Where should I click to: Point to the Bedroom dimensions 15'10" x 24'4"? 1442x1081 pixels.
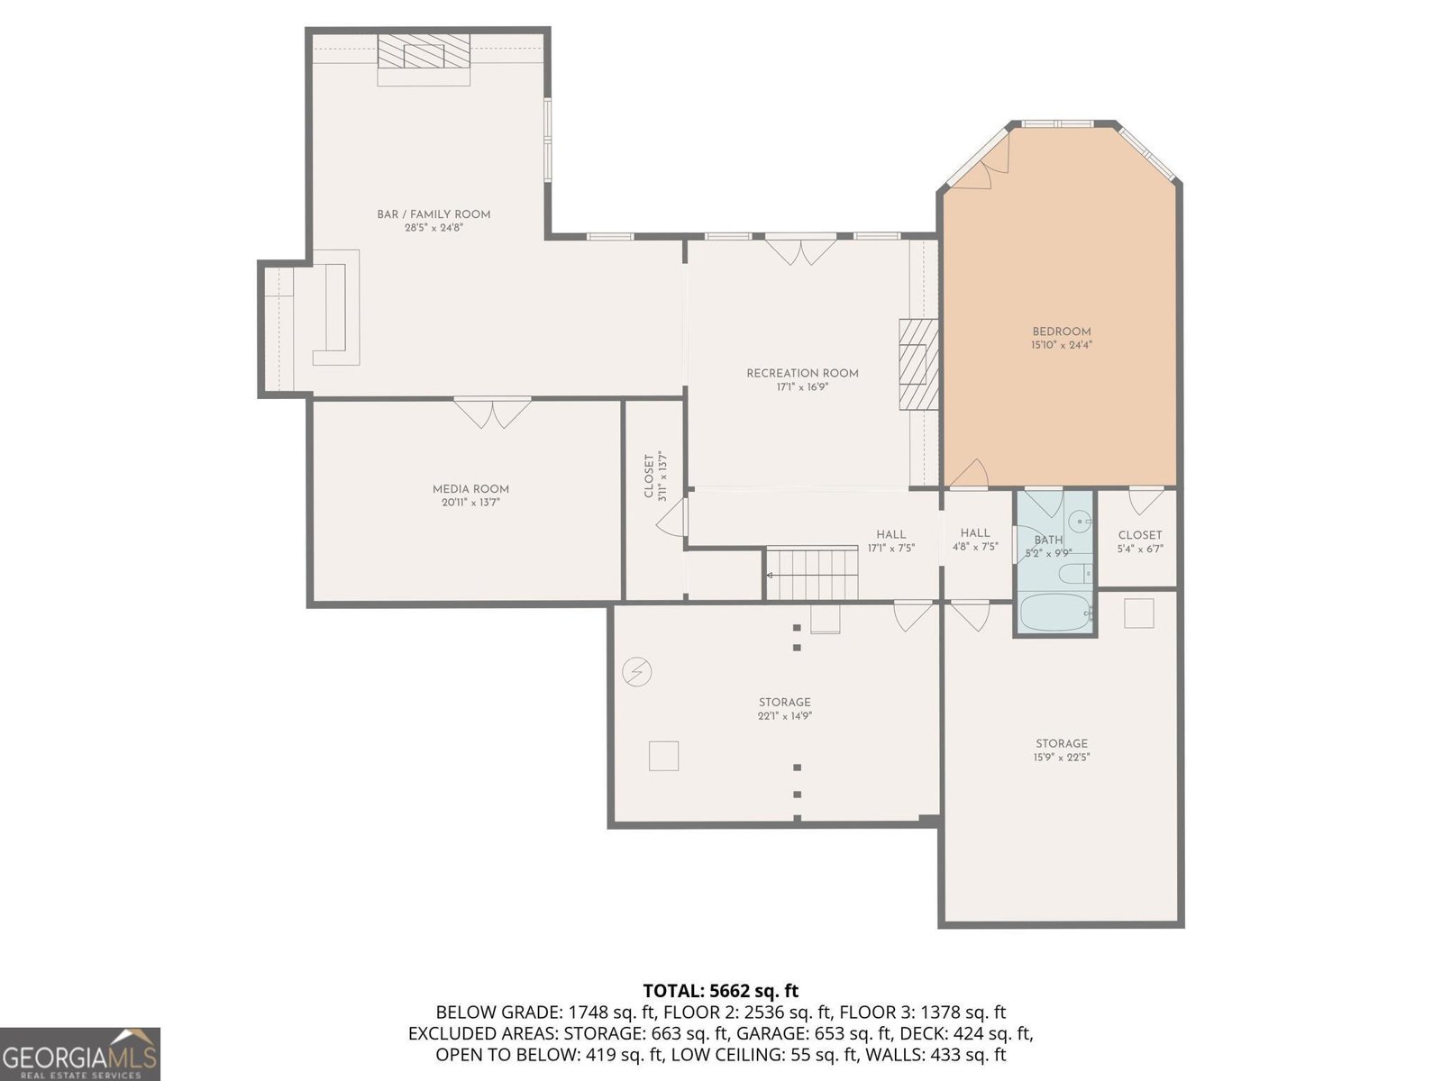1062,345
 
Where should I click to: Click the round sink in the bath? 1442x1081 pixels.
1078,522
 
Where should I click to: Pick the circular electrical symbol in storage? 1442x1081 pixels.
636,672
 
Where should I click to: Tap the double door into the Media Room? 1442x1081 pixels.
492,413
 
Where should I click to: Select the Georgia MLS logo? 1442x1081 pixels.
80,1054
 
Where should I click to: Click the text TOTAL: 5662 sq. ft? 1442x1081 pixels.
721,990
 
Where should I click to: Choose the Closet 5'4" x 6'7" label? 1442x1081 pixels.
1140,541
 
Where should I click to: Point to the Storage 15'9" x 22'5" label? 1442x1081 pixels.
1062,750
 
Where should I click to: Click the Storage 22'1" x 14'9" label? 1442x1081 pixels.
784,709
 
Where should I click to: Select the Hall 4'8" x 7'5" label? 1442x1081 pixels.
975,540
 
